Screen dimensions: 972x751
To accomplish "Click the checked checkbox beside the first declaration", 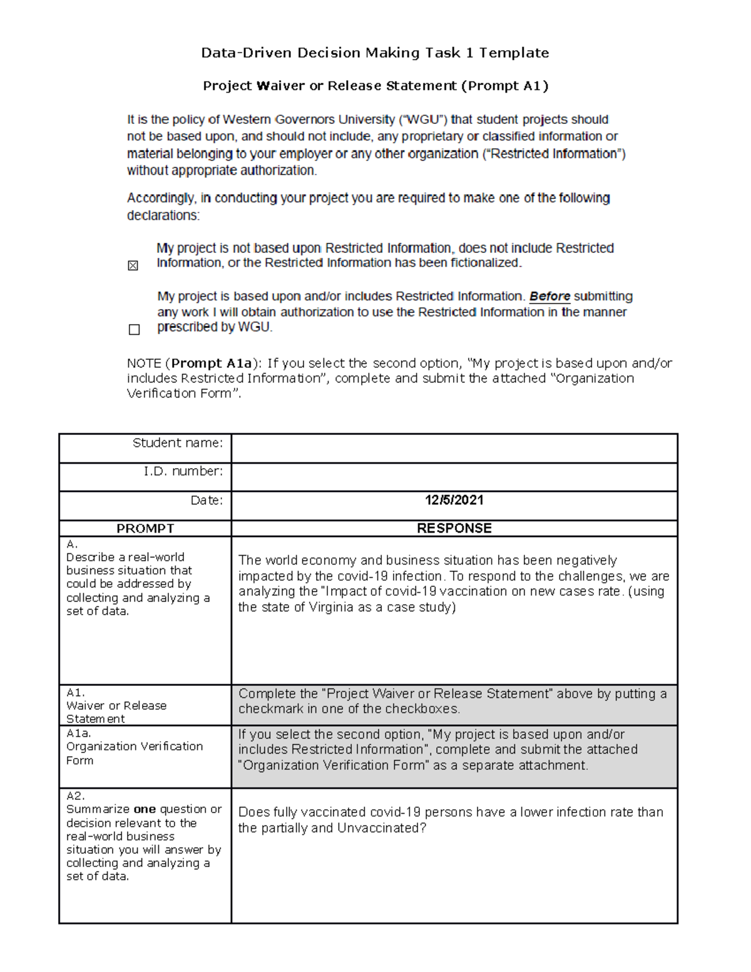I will click(133, 266).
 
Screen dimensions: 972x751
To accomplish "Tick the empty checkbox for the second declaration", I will click(134, 330).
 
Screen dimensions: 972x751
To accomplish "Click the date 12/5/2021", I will click(454, 500).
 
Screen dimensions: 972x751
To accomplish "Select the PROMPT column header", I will click(145, 529).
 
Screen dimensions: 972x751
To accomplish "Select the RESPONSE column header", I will click(454, 529).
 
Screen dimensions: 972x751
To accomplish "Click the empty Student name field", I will click(454, 448).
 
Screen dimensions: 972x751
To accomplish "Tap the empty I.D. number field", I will click(454, 477).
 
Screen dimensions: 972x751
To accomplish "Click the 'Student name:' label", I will click(178, 443).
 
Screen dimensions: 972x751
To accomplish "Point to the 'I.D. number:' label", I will click(183, 471).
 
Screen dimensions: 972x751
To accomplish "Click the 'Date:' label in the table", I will click(207, 500).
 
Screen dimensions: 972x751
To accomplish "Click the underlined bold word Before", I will click(549, 297).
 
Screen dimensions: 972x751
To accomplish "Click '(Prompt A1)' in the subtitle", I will click(504, 86).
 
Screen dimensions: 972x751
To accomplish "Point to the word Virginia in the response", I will click(331, 607).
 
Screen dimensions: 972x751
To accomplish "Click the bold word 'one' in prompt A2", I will click(145, 809).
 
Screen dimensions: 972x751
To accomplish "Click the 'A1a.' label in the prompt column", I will click(79, 733).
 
